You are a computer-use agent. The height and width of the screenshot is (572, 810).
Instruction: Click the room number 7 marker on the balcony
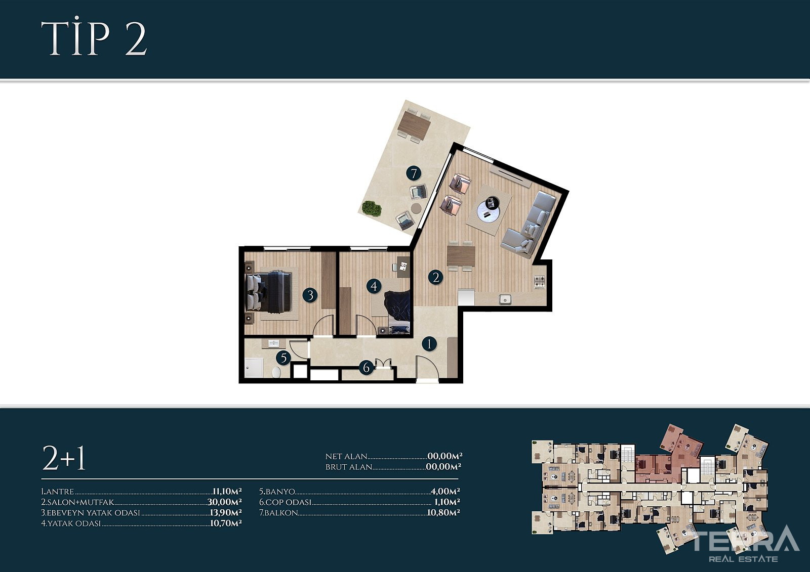point(414,173)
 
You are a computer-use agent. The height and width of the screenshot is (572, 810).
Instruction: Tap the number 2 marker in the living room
point(436,277)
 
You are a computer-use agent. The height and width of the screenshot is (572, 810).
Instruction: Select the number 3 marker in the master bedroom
point(310,295)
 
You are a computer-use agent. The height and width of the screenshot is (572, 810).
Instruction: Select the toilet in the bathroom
point(276,372)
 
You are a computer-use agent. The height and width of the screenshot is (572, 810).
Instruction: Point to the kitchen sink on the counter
point(505,299)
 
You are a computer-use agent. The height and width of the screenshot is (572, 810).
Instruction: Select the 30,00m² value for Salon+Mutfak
point(224,502)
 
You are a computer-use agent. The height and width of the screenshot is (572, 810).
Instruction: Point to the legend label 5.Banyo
point(277,492)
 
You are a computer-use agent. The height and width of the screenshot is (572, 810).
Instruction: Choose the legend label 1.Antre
point(58,492)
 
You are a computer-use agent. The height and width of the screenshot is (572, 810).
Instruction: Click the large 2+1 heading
point(64,458)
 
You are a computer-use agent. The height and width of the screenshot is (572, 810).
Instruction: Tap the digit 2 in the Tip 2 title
point(136,39)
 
